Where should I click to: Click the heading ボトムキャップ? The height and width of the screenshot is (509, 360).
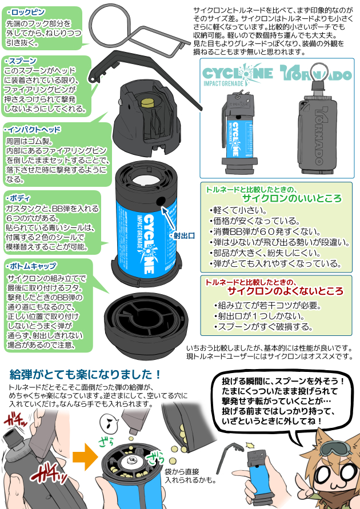(x=31, y=266)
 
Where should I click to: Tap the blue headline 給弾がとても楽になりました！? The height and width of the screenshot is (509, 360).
(x=86, y=375)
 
